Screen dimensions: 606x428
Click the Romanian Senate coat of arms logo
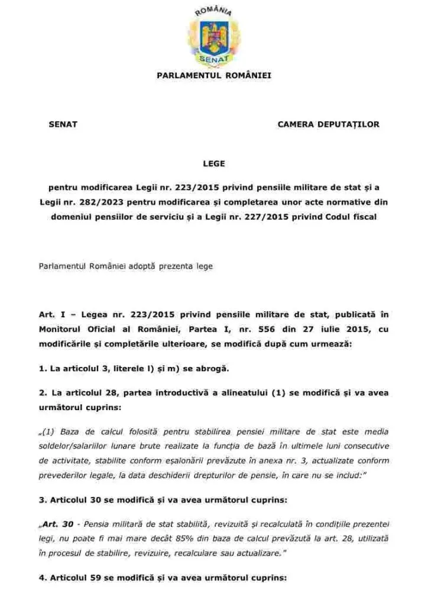click(x=213, y=36)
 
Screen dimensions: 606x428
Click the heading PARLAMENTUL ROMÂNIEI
click(x=214, y=76)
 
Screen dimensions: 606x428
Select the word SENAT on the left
click(x=63, y=124)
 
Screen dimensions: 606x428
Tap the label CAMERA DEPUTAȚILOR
click(x=328, y=124)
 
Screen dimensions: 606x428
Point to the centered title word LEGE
click(x=214, y=163)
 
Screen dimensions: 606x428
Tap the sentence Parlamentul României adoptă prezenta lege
click(x=126, y=266)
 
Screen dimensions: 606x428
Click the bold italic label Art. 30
click(x=58, y=524)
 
